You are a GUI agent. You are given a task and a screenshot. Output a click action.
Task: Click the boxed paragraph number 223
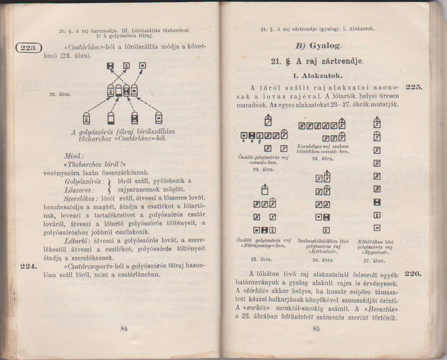[x=28, y=48]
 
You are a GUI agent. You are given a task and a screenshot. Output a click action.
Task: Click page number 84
[x=123, y=329]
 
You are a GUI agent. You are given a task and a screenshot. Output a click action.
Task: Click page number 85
[x=316, y=329]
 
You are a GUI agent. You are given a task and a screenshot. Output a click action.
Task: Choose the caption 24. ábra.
[x=323, y=159]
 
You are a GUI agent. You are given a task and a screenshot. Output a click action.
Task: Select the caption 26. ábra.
[x=323, y=260]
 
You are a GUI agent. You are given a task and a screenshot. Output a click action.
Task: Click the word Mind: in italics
[x=74, y=156]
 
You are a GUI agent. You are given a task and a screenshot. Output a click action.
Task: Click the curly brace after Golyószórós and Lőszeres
[x=110, y=185]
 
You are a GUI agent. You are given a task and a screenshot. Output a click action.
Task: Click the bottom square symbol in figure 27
[x=377, y=228]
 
